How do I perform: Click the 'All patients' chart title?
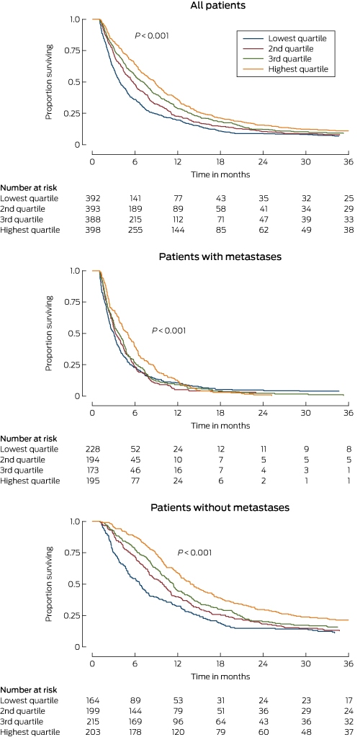point(220,6)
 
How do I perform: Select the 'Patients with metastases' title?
point(220,257)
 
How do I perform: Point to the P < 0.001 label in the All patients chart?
point(152,36)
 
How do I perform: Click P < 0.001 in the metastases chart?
point(168,331)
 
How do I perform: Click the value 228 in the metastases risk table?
point(98,449)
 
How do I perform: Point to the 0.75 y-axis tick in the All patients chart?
point(73,50)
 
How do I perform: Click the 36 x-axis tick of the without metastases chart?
point(348,664)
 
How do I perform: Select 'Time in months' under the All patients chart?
point(220,174)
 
